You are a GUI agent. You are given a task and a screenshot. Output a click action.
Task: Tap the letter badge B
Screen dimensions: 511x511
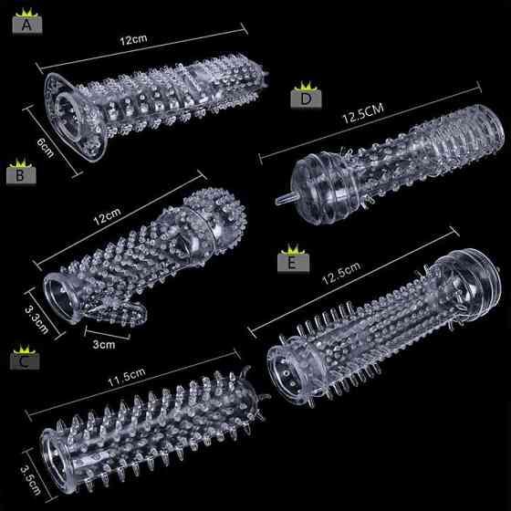tap(21, 175)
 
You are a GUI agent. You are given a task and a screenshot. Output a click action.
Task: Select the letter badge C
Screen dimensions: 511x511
tap(25, 361)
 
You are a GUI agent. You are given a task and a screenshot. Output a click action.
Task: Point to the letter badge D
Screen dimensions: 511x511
tap(306, 99)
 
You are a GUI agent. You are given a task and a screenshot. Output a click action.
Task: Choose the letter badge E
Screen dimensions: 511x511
tap(293, 263)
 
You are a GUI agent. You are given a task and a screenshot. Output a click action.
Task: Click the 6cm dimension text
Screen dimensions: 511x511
tap(46, 147)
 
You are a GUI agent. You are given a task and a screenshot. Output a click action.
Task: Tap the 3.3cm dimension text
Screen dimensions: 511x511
tap(36, 320)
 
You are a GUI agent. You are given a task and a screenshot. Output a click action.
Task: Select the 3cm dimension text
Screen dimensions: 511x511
tap(104, 345)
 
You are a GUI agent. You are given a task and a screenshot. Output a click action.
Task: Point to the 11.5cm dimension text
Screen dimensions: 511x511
tap(127, 378)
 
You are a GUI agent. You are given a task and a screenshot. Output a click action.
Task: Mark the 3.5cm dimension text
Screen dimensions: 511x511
tap(30, 480)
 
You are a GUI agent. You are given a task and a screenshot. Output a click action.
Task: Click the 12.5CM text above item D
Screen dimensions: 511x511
tap(363, 113)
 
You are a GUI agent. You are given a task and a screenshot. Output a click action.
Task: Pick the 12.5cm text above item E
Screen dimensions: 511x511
tap(341, 273)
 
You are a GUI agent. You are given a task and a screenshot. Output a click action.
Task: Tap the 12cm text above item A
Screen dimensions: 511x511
tap(133, 40)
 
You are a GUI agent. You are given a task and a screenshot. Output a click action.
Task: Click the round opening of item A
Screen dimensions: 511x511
tap(68, 117)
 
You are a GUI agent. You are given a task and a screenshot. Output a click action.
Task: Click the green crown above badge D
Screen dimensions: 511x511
tap(306, 87)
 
